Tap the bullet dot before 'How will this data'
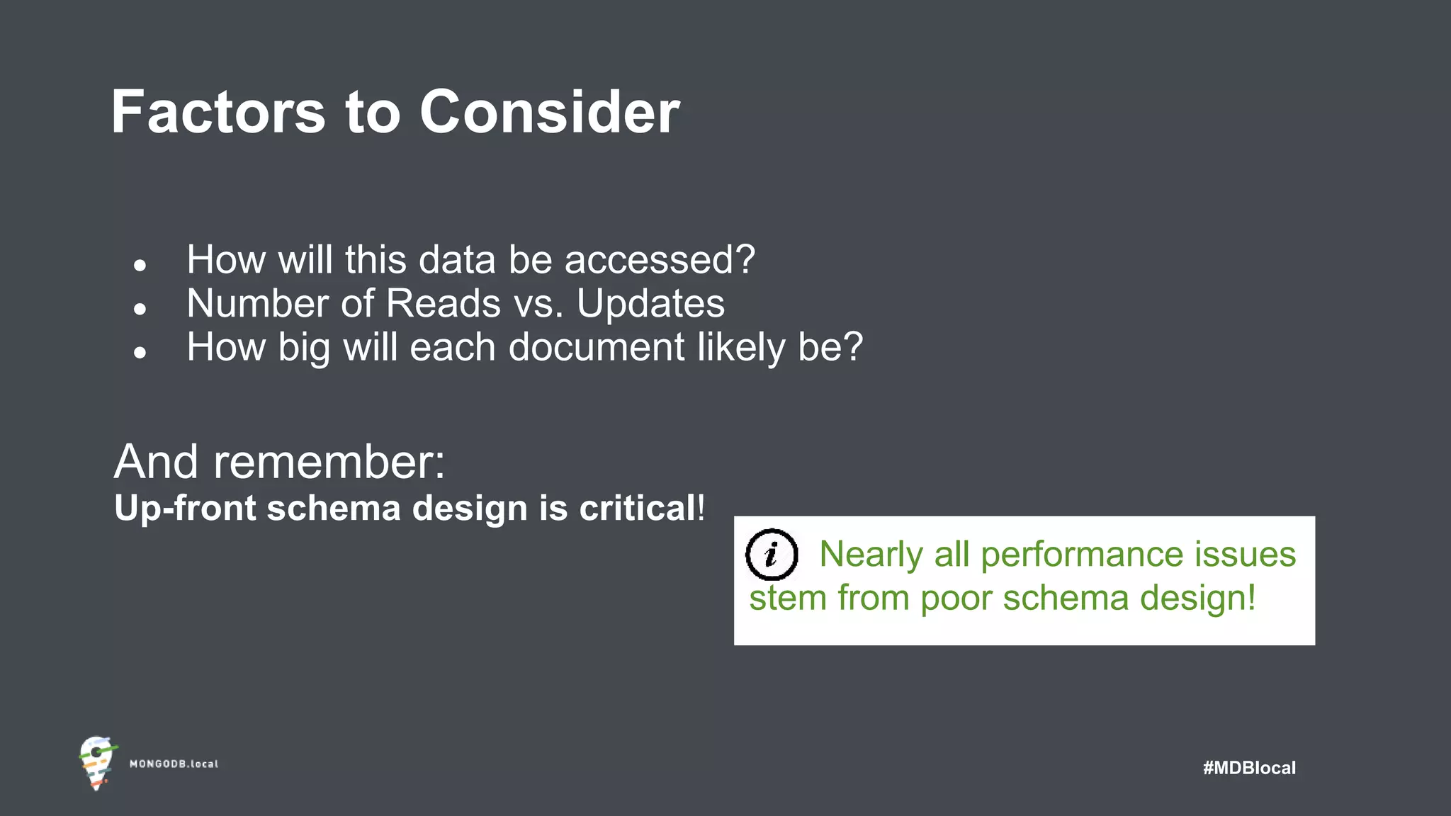tap(140, 266)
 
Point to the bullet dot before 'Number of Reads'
tap(140, 309)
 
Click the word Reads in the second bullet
tap(444, 304)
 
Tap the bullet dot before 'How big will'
tap(140, 352)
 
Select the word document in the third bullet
tap(597, 348)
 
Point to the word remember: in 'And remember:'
tap(329, 463)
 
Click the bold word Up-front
tap(185, 509)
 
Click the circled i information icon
tap(772, 555)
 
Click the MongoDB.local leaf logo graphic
tap(97, 763)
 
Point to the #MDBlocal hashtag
tap(1249, 768)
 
